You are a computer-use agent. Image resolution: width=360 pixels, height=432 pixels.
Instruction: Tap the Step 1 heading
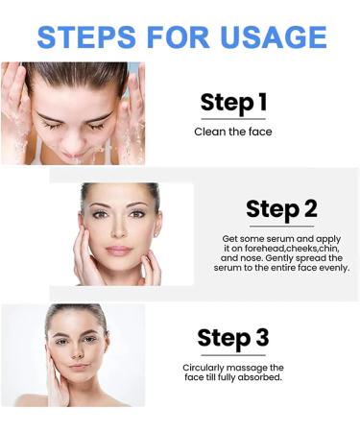[233, 104]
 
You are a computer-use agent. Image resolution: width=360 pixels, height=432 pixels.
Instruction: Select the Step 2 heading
[279, 208]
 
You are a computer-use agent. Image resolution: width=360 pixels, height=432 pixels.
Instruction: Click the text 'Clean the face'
[232, 132]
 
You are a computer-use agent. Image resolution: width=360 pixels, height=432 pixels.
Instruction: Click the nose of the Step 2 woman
[120, 231]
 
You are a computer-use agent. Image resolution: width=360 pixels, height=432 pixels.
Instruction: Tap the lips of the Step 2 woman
[119, 249]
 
